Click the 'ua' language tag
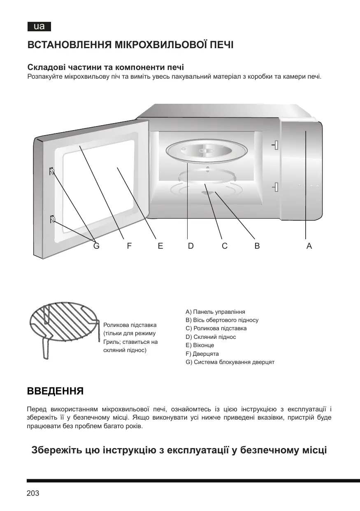[x=39, y=27]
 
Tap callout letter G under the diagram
[x=97, y=246]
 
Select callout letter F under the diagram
[x=129, y=246]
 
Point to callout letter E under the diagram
[x=160, y=246]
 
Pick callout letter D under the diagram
[x=191, y=246]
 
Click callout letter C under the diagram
[x=225, y=246]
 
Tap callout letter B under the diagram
[x=257, y=246]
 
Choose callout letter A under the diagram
[x=309, y=246]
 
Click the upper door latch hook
[x=52, y=171]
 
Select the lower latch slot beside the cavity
[x=276, y=187]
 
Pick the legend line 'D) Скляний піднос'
[x=211, y=337]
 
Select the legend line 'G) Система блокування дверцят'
[x=230, y=362]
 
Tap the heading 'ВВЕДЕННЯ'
[x=56, y=391]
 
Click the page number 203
[x=33, y=493]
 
